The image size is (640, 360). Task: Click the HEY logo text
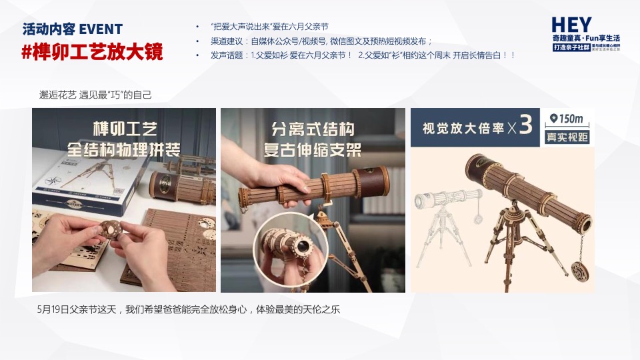click(x=571, y=25)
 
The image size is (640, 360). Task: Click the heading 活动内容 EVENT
click(x=73, y=29)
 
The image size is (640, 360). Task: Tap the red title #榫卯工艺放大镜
click(x=92, y=52)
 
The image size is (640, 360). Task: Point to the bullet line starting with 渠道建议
click(x=321, y=41)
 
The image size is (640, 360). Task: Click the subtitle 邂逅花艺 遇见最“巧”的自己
click(x=96, y=95)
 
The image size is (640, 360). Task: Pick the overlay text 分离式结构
click(x=313, y=129)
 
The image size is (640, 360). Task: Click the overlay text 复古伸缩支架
click(x=313, y=149)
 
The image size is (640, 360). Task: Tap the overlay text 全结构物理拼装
click(x=124, y=148)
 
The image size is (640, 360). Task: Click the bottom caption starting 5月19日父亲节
click(x=190, y=311)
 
